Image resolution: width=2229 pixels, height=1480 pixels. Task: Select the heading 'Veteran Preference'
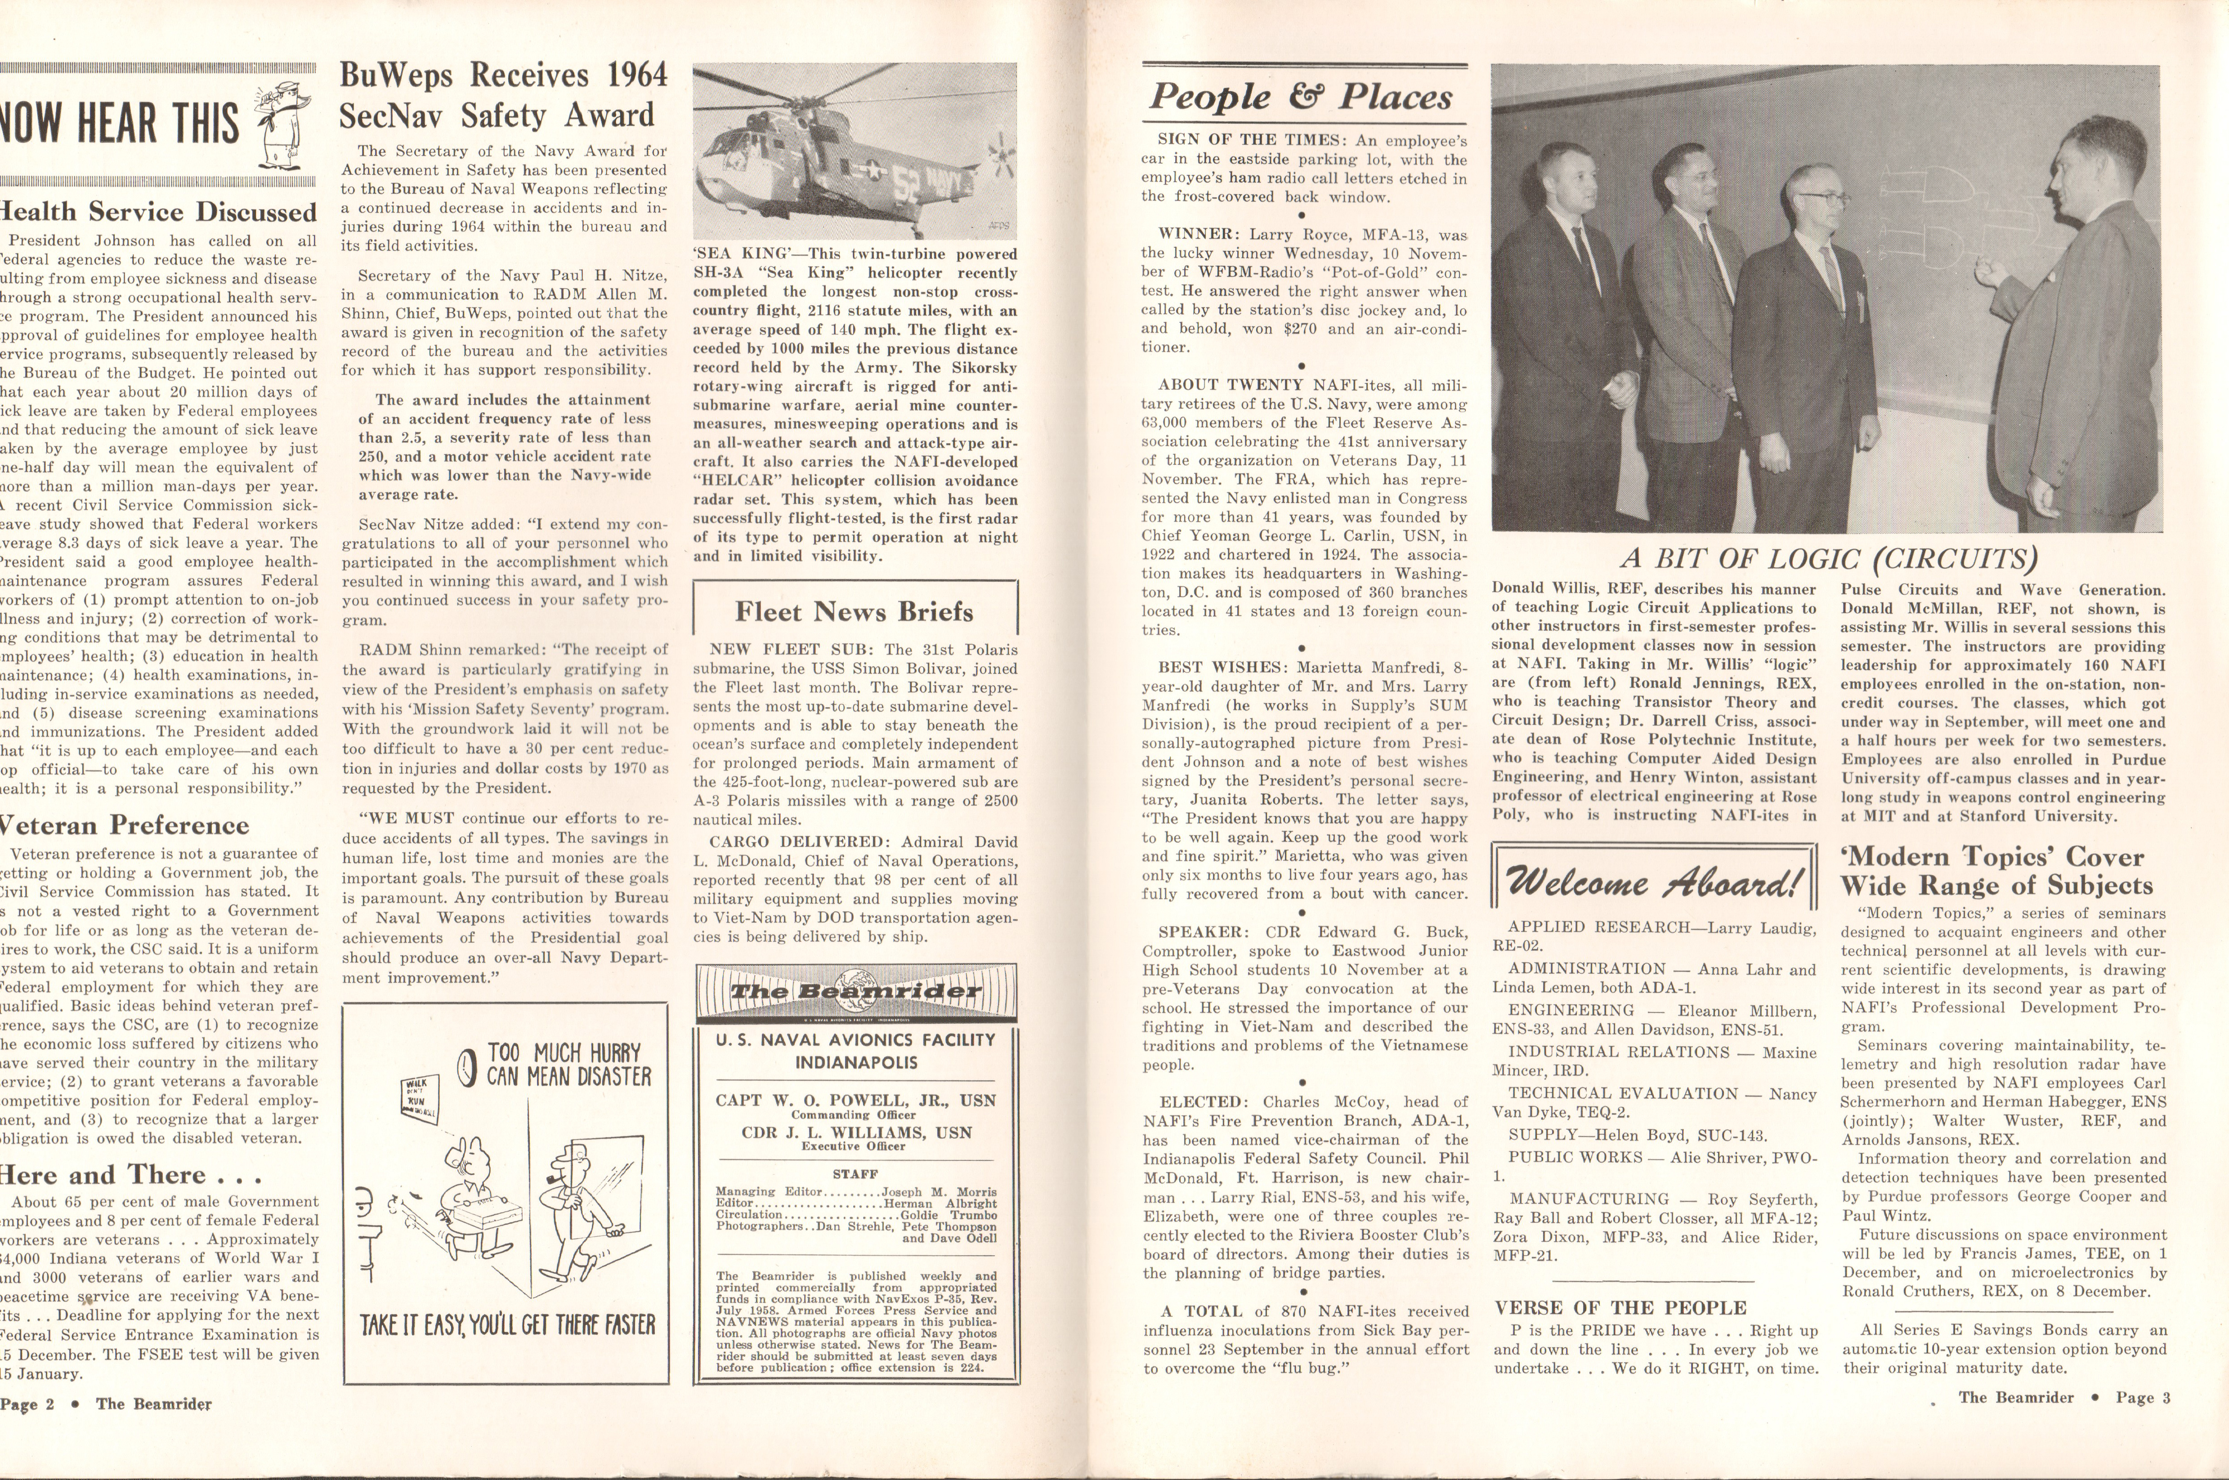[x=125, y=825]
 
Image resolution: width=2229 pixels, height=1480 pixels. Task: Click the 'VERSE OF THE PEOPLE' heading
[x=1620, y=1307]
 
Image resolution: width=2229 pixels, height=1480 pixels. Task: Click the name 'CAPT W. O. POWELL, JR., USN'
[x=855, y=1101]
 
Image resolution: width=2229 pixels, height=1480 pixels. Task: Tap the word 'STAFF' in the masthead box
[x=855, y=1174]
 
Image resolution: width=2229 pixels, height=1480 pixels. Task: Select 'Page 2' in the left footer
[x=28, y=1404]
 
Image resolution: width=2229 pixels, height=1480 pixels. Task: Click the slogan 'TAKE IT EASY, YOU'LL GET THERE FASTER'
[x=507, y=1325]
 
